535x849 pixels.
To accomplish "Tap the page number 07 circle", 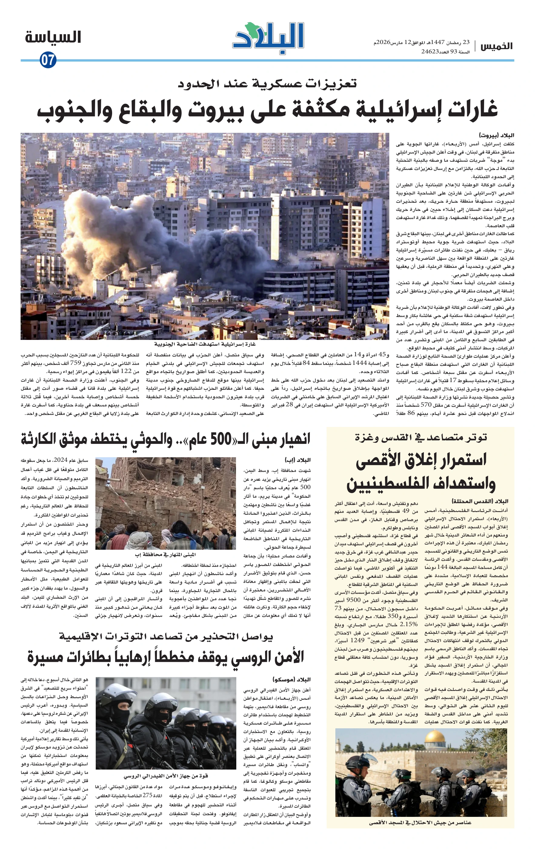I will [48, 60].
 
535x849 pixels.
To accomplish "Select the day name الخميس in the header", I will [497, 46].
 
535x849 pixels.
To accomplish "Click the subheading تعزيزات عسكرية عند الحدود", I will [267, 84].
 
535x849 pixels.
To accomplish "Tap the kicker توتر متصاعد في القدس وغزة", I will [421, 437].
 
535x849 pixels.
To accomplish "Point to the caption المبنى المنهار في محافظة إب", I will [165, 555].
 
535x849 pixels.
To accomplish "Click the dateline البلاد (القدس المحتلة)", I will [480, 501].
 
